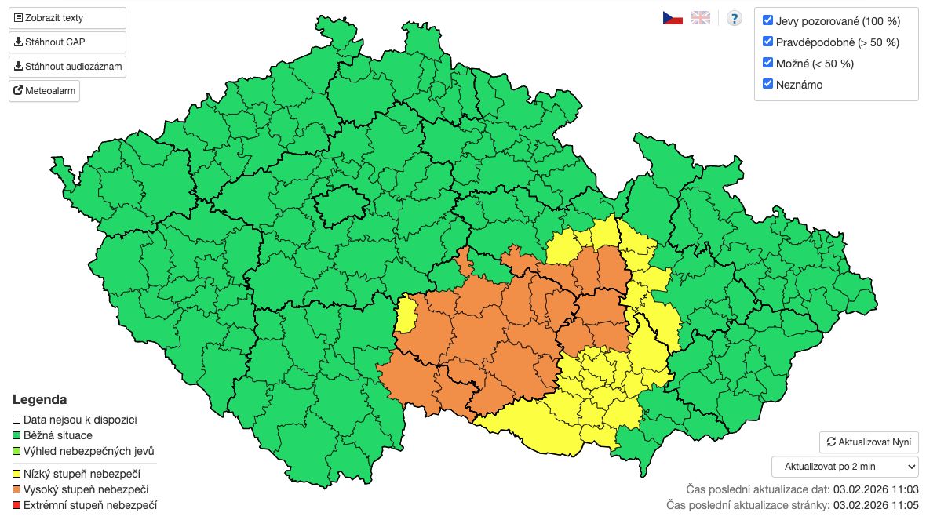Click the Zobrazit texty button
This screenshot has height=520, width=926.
(x=67, y=18)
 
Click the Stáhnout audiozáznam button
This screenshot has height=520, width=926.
(x=67, y=67)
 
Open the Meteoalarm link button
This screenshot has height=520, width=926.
(x=45, y=91)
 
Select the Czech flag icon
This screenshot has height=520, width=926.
(x=673, y=18)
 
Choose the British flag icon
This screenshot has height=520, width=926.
(x=700, y=18)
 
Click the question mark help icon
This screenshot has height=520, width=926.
(x=734, y=18)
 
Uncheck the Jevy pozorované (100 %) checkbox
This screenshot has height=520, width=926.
(x=768, y=21)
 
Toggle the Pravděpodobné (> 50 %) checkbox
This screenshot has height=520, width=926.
(x=768, y=42)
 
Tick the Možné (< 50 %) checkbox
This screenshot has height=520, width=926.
(x=768, y=63)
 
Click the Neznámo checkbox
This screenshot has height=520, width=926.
(x=768, y=84)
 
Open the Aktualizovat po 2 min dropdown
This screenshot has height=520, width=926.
(x=844, y=467)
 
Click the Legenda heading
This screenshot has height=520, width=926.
(x=39, y=399)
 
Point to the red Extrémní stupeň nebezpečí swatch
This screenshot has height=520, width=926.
(x=17, y=505)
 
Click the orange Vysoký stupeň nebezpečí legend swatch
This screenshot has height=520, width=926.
(x=17, y=489)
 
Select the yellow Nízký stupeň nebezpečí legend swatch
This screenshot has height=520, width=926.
(x=17, y=474)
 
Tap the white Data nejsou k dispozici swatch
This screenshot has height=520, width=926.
(x=17, y=420)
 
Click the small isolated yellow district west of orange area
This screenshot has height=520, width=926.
(x=407, y=315)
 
